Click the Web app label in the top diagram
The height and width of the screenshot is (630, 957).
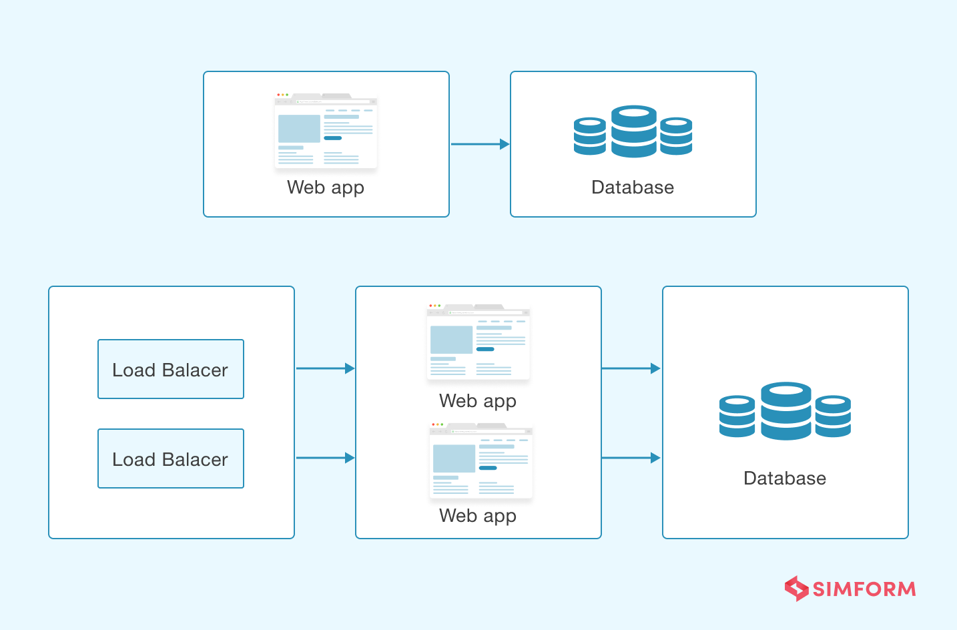(x=326, y=188)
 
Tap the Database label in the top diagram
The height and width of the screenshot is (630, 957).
(x=633, y=188)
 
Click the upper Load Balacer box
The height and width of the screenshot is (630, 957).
(x=171, y=369)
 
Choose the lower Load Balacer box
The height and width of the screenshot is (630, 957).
(x=171, y=458)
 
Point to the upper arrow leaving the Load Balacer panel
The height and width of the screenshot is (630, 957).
(x=325, y=368)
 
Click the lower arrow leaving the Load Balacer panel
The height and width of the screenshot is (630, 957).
(x=325, y=458)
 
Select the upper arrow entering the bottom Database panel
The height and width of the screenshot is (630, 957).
(x=631, y=368)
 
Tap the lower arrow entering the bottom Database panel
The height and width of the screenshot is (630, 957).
(x=631, y=458)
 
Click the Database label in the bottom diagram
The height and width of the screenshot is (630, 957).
(x=785, y=479)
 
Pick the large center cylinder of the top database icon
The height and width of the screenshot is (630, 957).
(x=633, y=131)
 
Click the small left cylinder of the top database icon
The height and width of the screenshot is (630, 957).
(x=590, y=136)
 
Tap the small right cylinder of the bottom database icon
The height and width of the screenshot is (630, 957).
(x=833, y=416)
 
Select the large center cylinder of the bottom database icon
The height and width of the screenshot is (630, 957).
(x=786, y=411)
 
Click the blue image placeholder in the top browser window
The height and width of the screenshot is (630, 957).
(x=299, y=129)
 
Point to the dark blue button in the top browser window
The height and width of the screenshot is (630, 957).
(x=332, y=138)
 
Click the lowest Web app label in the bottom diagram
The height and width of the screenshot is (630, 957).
(x=478, y=516)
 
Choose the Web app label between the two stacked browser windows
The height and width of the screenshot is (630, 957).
(x=478, y=401)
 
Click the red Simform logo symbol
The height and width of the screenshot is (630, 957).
(x=796, y=589)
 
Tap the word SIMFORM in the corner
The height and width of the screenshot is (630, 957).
(x=864, y=589)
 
